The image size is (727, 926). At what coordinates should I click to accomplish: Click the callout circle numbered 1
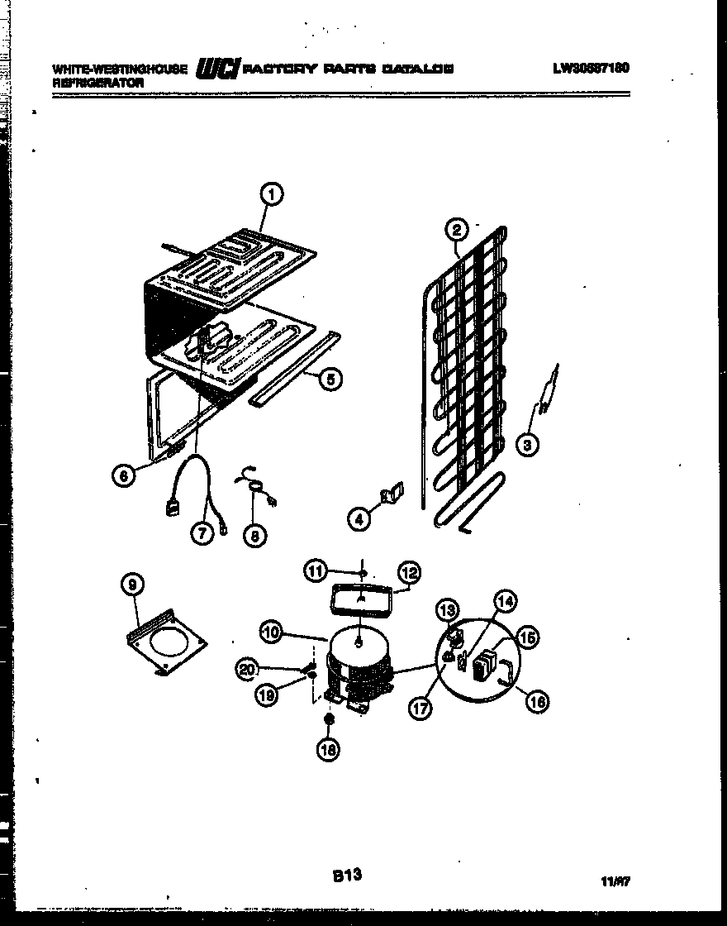pos(270,194)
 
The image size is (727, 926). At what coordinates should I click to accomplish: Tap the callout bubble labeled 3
pos(528,445)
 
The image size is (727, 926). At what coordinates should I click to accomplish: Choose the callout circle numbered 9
pos(133,585)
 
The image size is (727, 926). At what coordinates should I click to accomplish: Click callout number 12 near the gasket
pos(409,571)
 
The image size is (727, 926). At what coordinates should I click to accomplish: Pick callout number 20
pos(245,670)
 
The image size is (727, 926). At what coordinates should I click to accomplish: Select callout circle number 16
pos(537,702)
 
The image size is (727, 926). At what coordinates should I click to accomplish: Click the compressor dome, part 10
pos(358,650)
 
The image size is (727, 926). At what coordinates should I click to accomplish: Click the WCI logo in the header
pos(216,71)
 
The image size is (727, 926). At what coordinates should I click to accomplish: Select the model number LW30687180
pos(591,68)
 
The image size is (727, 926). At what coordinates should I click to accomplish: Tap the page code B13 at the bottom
pos(348,875)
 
